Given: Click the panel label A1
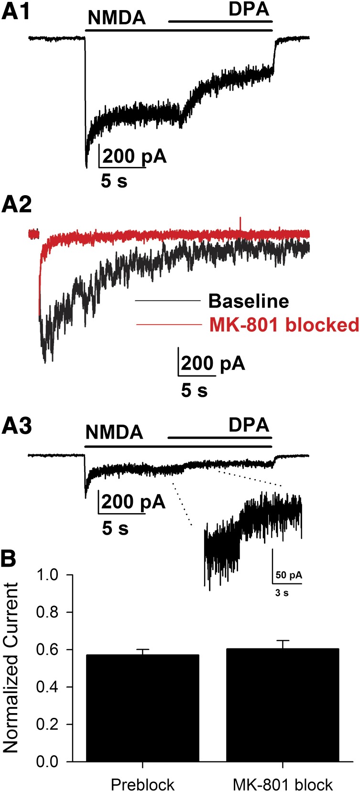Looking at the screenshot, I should pos(16,12).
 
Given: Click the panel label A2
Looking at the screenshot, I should pos(17,205).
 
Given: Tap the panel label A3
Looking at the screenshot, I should pos(17,426).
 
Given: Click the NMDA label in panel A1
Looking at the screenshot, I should pos(117,18).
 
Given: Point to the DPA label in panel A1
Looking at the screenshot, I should pos(248,10).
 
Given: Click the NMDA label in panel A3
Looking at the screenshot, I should pos(114,432).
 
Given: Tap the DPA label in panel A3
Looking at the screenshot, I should pos(249,425).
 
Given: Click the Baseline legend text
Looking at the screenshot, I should pos(249,301).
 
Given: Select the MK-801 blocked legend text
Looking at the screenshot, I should pos(284,325).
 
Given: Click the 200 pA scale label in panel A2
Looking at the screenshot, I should pos(213,363).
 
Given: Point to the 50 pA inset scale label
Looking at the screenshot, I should pos(289,575).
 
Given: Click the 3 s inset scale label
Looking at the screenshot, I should pos(282,594).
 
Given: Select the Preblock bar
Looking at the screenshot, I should pos(142,708).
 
